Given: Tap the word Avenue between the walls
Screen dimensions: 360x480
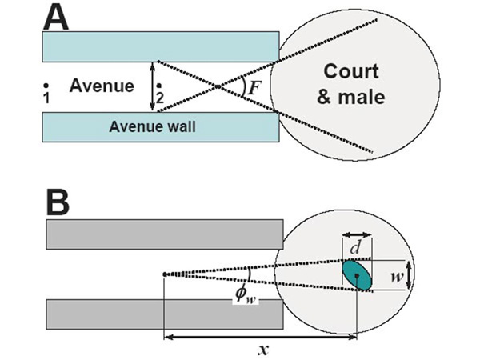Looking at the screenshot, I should [102, 84].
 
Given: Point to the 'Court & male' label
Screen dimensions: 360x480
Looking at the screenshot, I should [354, 83].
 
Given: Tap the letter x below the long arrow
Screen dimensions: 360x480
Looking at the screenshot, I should [262, 349].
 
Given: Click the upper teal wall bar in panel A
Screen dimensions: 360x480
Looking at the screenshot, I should [161, 45].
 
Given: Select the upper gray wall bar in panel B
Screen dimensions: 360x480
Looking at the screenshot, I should [165, 234].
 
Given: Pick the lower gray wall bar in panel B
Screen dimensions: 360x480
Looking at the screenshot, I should [165, 314].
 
